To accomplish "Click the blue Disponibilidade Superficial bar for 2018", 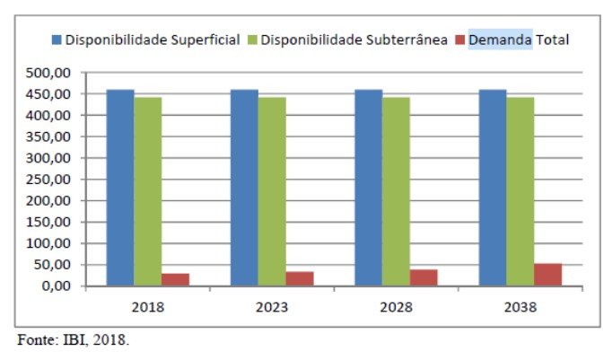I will click(x=120, y=188).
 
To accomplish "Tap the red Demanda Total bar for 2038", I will click(x=547, y=275).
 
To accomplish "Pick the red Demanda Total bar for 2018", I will click(x=176, y=279).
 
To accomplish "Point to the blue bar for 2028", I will click(x=368, y=188).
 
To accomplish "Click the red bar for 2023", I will click(x=300, y=278).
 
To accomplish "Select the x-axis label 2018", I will click(x=147, y=307).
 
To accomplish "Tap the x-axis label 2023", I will click(x=271, y=307).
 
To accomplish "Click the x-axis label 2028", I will click(x=396, y=307).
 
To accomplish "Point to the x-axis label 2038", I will click(x=520, y=307).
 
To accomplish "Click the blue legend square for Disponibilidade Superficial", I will click(x=57, y=40).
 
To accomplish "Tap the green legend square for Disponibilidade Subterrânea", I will click(x=252, y=40).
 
